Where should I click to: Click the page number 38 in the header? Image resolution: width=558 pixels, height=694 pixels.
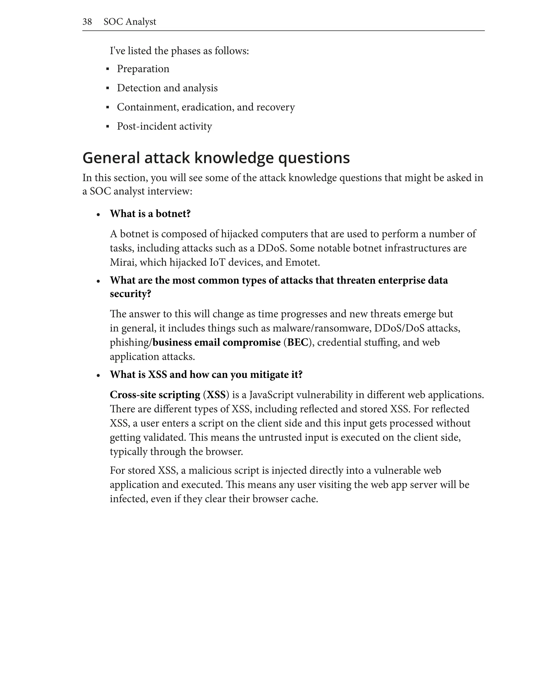[87, 22]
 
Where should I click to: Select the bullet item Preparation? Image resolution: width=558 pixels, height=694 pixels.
[143, 69]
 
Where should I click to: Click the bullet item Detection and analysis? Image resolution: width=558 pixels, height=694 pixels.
[167, 88]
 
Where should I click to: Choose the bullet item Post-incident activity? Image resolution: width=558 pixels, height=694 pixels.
[164, 126]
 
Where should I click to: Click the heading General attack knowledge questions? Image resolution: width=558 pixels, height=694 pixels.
[216, 158]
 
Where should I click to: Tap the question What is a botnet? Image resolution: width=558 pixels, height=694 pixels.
[150, 214]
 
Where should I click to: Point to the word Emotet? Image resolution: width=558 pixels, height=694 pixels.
[302, 262]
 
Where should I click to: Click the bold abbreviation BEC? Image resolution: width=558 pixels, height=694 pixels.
[297, 342]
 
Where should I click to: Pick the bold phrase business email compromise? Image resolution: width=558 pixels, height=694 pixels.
[217, 342]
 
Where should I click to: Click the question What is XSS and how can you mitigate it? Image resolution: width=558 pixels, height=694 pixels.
[206, 375]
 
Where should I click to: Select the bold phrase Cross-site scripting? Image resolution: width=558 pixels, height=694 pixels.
[155, 395]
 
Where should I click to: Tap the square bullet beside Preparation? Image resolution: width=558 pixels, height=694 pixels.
[108, 69]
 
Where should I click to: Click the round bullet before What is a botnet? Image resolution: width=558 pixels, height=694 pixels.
[99, 215]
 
